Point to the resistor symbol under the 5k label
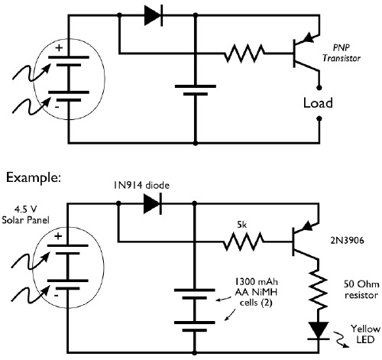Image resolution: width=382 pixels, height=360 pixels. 242,244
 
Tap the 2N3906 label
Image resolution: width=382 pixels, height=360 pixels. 351,238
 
